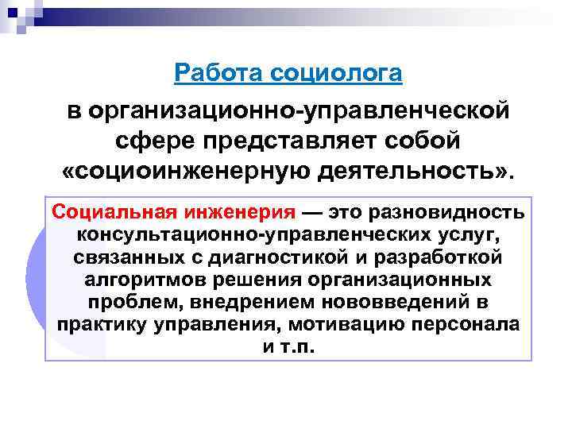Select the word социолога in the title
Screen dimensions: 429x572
point(337,73)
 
